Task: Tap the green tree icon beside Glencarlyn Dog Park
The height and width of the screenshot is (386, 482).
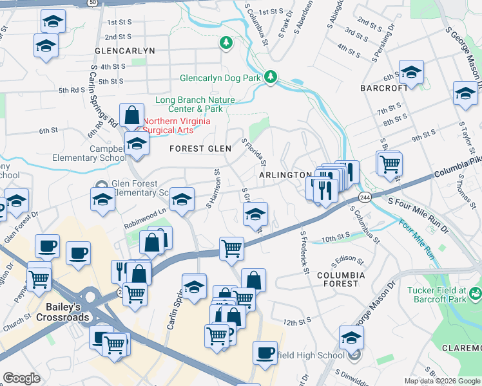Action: coord(271,77)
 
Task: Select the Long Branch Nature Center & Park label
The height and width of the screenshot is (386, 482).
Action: coord(195,105)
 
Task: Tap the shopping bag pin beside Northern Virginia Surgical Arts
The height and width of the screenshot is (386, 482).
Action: coord(132,116)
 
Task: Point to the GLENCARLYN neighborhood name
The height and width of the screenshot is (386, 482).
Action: coord(125,50)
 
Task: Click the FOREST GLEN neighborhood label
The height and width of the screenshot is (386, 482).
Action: coord(200,149)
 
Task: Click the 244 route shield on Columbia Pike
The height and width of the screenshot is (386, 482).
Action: coord(365,196)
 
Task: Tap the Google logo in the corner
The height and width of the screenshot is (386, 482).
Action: coord(21,378)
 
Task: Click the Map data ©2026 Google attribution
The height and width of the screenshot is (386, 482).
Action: coord(442,381)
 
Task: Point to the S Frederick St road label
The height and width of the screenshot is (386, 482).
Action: coord(303,253)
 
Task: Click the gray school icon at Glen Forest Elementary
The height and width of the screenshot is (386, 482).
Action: coord(100,184)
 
